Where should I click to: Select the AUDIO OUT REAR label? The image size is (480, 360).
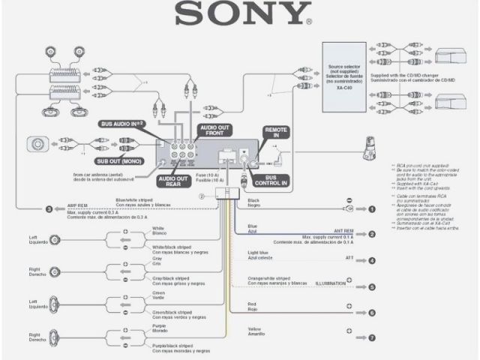coord(173,181)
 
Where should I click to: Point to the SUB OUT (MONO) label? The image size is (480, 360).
coord(120,160)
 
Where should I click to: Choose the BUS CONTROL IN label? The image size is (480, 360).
coord(276,181)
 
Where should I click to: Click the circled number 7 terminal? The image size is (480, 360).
coord(371,338)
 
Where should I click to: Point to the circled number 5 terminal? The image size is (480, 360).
coord(371,286)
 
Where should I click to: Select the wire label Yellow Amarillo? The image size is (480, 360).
coord(257,331)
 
